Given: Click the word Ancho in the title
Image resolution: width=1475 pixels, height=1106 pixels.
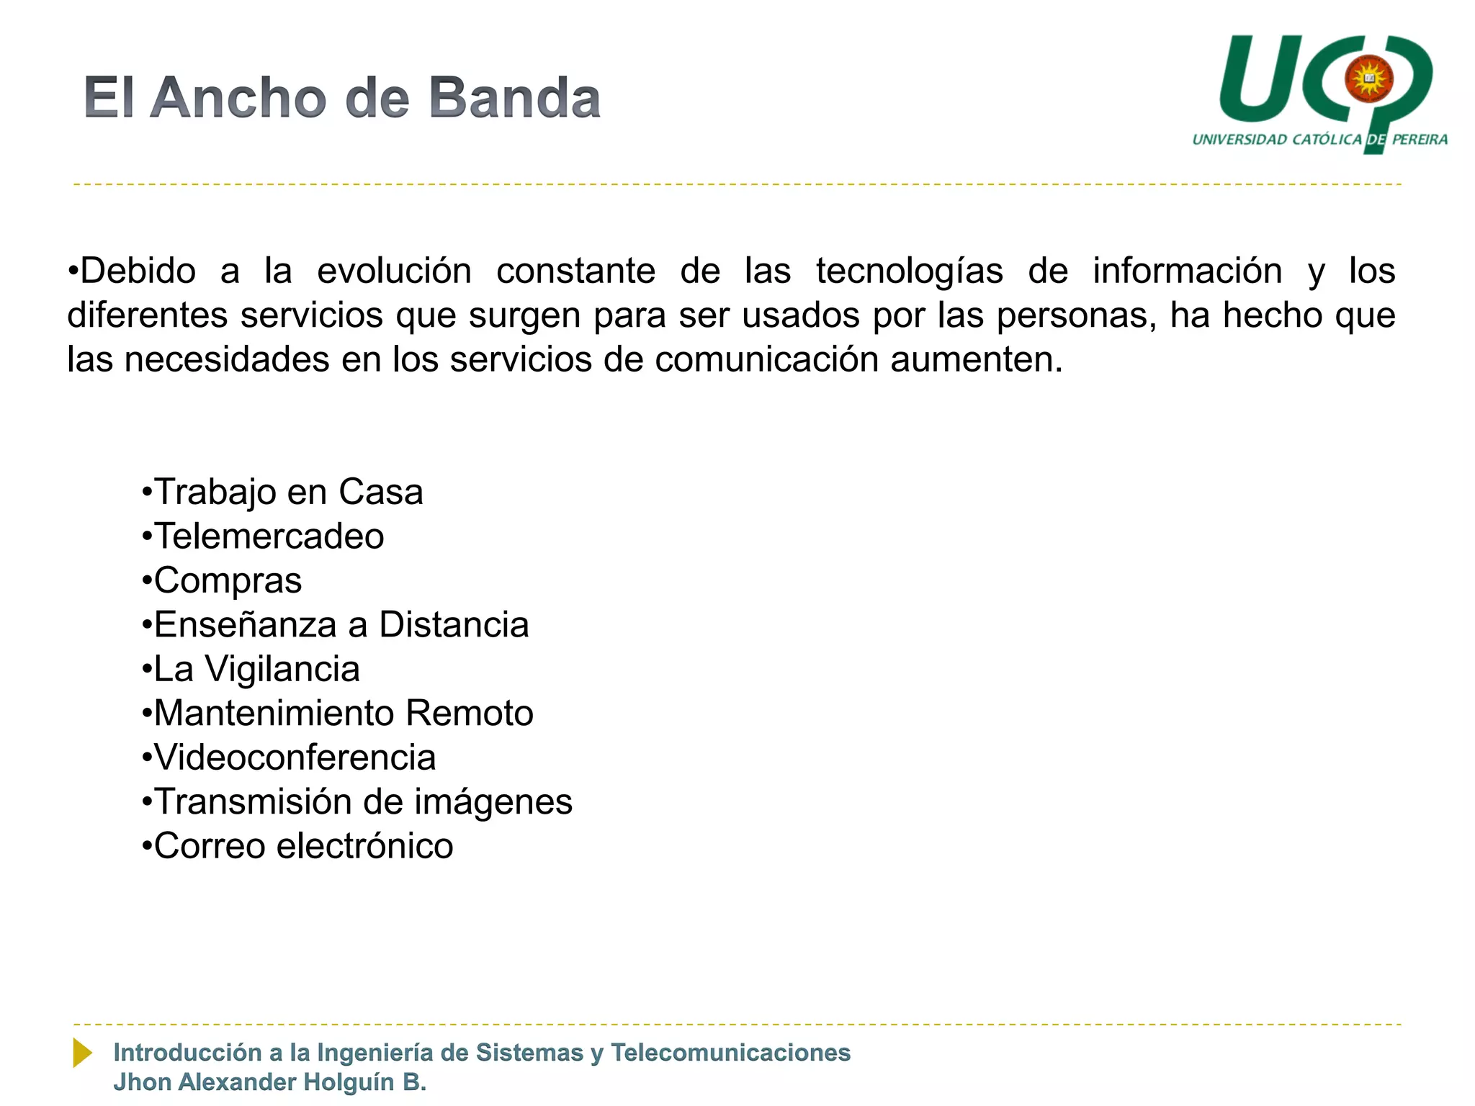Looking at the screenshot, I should coord(238,98).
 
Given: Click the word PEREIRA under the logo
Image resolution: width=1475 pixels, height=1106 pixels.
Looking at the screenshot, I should coord(1420,140).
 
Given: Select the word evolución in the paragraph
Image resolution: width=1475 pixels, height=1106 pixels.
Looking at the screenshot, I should coord(394,271).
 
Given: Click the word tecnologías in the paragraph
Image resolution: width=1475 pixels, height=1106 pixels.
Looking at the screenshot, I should coord(909,271).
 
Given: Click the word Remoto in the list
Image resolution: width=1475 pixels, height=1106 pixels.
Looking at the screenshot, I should coord(469,714).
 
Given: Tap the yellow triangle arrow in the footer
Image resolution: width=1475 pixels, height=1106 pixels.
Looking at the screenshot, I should coord(82,1053).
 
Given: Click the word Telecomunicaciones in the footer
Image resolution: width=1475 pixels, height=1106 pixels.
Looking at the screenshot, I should coord(730,1053).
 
